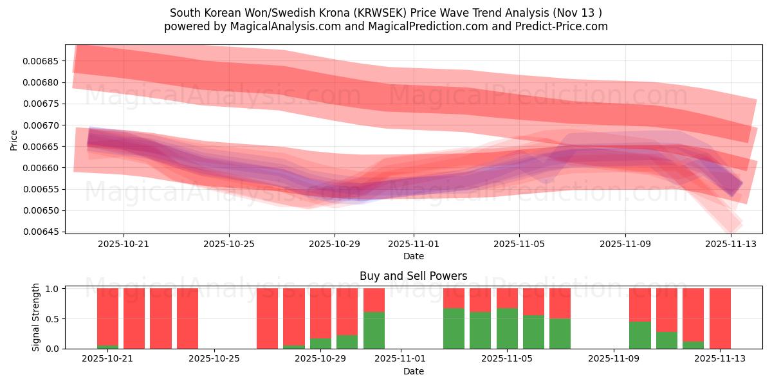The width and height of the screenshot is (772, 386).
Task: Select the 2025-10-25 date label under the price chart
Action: pos(229,244)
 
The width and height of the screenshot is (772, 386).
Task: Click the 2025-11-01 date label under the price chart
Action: pos(414,244)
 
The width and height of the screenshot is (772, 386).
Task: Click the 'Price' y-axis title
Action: pos(14,139)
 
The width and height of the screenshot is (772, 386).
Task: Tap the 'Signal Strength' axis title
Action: pos(36,317)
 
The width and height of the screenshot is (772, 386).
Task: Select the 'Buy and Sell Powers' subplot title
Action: pos(413,276)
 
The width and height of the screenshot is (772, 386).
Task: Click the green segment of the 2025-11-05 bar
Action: pos(507,329)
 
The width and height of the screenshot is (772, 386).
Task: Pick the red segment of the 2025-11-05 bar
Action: pos(507,298)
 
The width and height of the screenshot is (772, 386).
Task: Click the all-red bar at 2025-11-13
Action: pos(720,318)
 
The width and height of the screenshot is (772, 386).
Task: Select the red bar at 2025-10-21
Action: pos(107,315)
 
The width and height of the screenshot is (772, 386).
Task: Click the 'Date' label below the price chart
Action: pos(413,256)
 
